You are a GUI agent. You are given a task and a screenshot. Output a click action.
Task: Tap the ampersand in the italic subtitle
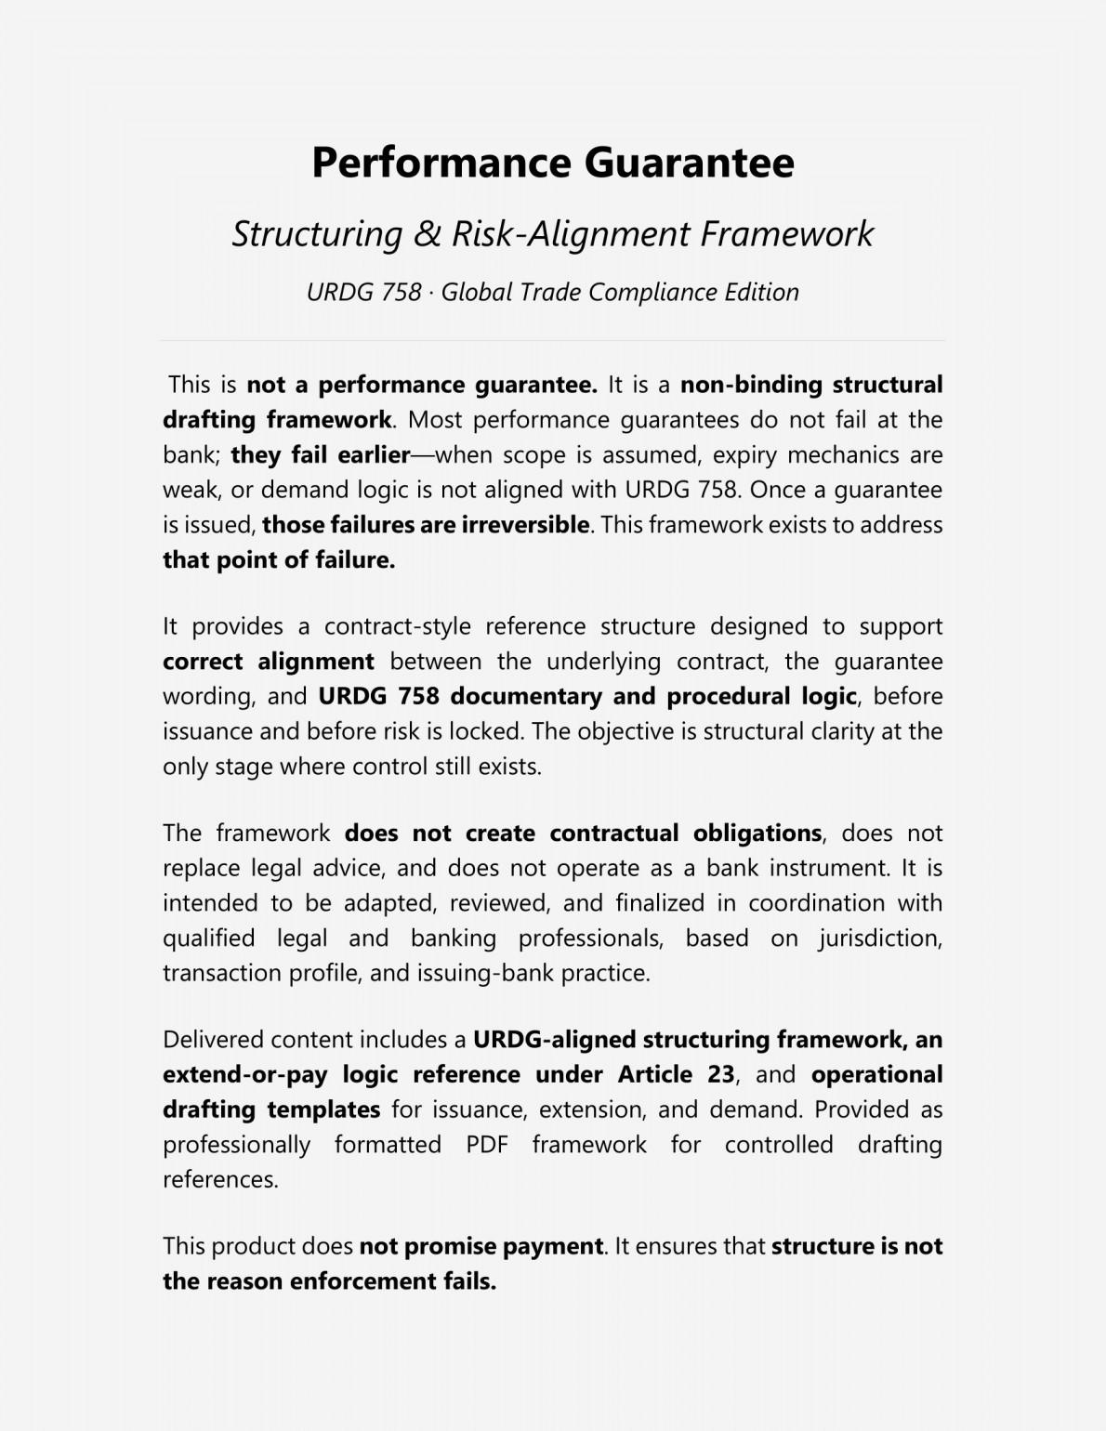tap(428, 234)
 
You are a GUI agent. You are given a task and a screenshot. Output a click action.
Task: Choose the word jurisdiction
tap(880, 939)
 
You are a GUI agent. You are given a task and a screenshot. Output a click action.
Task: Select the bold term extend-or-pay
tap(244, 1075)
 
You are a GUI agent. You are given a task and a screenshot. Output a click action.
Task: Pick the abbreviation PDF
tap(486, 1145)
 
